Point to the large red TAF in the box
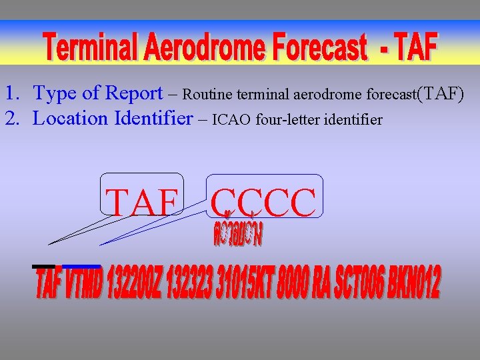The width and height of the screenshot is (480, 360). [143, 203]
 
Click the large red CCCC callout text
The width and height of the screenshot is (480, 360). [264, 203]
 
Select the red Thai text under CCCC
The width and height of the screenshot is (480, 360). [238, 233]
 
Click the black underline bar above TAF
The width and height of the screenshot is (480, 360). [44, 267]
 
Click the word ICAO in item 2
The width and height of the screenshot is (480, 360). [233, 120]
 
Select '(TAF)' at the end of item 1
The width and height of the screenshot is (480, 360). [440, 93]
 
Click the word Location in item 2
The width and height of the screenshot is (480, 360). [71, 119]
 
